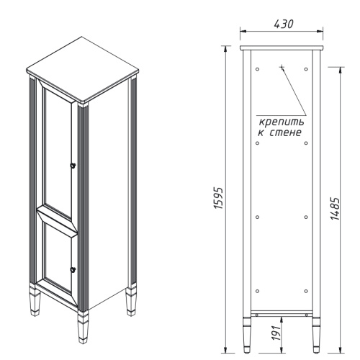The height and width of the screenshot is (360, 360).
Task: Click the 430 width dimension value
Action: pos(282,24)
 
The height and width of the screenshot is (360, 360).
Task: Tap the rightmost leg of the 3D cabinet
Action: pos(132,302)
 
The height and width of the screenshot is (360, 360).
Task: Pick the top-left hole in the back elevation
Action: pos(258,69)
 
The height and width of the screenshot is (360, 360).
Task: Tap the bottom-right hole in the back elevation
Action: pos(307,291)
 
